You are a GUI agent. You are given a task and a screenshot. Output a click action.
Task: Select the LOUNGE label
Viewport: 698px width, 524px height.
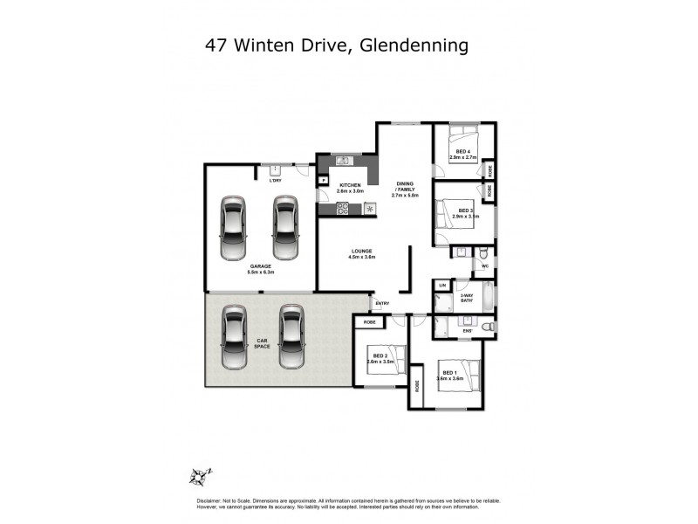tap(361, 253)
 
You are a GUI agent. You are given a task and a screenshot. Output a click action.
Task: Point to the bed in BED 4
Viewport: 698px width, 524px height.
tap(462, 141)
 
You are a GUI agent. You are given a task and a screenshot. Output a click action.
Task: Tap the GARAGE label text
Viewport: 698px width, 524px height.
tap(259, 267)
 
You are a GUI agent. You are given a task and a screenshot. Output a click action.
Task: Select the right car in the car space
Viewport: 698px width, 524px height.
tap(291, 337)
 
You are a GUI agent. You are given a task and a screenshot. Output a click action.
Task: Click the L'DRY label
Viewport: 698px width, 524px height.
tap(275, 180)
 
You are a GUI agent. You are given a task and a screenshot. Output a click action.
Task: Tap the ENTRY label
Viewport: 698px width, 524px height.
tap(382, 304)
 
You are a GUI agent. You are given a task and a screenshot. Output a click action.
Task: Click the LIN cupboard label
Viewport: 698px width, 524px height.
tap(442, 286)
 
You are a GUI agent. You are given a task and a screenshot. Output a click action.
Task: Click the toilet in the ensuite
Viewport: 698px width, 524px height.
tap(489, 326)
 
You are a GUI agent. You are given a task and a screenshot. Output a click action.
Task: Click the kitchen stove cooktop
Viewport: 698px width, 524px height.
tap(343, 209)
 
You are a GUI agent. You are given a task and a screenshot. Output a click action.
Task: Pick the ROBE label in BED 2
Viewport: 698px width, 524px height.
tap(367, 322)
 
